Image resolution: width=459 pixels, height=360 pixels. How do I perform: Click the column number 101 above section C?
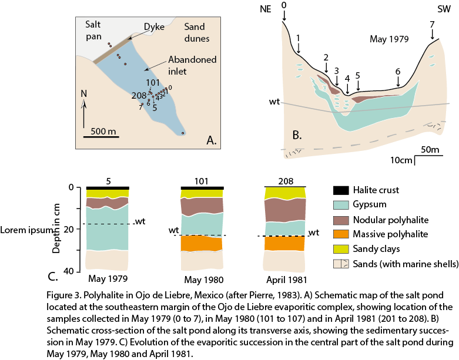pos(203,182)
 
